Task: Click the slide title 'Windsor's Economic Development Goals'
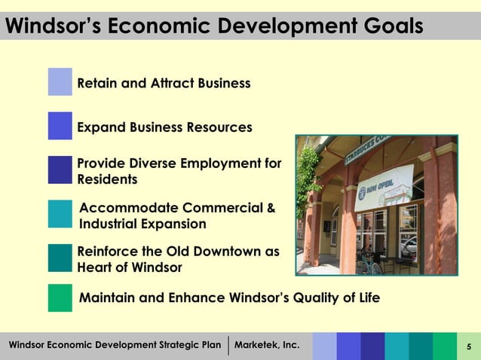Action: tap(214, 27)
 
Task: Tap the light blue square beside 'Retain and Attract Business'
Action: tap(60, 82)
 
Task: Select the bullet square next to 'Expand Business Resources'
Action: tap(60, 126)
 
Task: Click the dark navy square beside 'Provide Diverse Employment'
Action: tap(60, 170)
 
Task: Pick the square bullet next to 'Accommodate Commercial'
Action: tap(60, 214)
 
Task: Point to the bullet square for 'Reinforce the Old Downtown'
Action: tap(60, 258)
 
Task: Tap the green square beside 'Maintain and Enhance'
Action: tap(60, 297)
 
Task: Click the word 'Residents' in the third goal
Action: tap(107, 179)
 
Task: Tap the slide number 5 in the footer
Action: tap(468, 346)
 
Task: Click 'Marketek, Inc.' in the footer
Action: tap(268, 346)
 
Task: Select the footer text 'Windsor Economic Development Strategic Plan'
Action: tap(115, 346)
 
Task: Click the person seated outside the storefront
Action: tap(368, 257)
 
